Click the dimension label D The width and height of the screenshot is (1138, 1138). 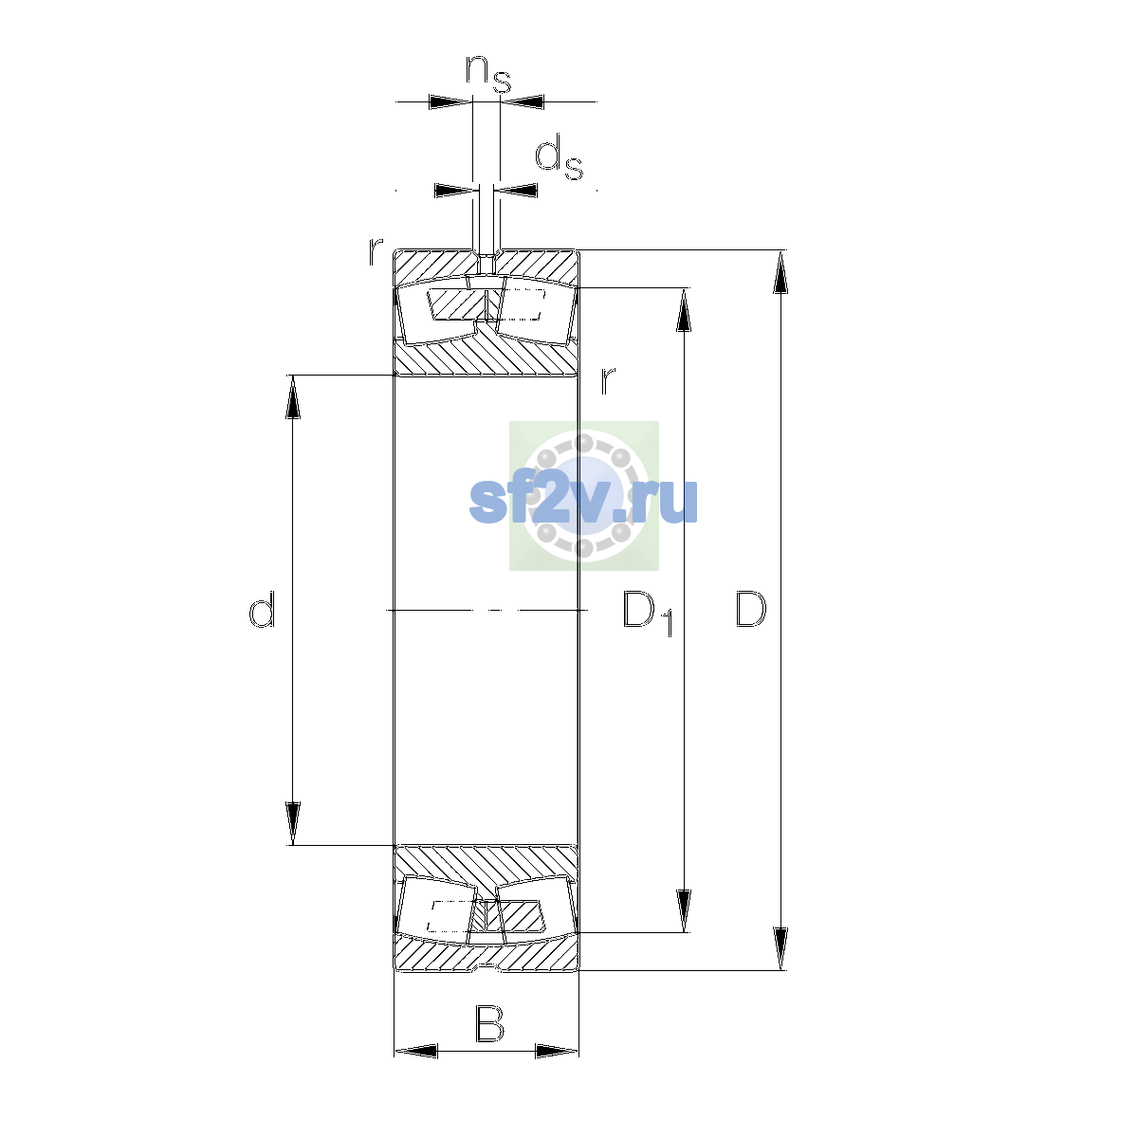pos(750,609)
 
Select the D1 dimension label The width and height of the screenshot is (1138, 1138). pos(648,614)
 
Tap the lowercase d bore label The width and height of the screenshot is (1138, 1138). pos(262,609)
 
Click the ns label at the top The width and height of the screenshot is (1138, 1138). pos(487,74)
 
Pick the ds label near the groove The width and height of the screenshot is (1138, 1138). pos(559,157)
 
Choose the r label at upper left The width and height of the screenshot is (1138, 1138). pos(376,251)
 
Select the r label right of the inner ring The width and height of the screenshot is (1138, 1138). pos(608,379)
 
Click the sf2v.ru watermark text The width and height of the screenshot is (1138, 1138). pos(583,501)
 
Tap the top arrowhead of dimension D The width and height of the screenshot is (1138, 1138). pos(780,271)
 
